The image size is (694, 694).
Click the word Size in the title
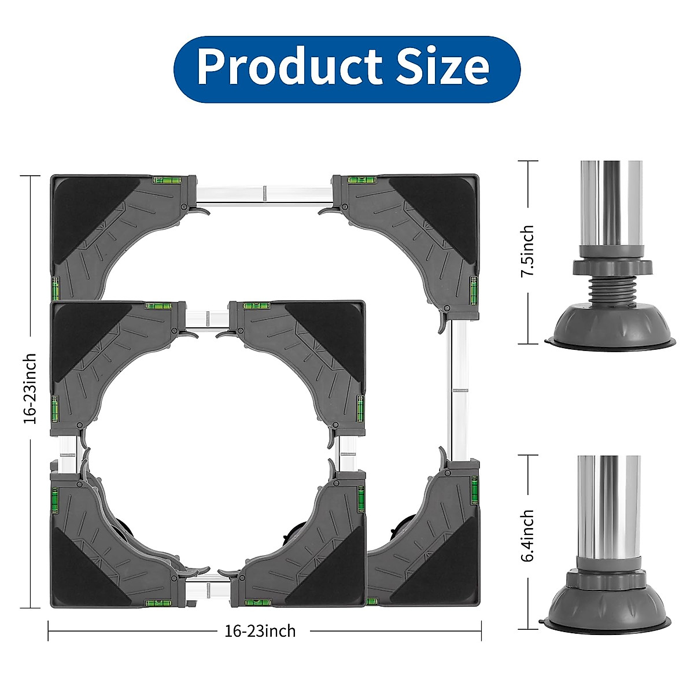point(442,65)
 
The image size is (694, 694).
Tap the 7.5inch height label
point(527,250)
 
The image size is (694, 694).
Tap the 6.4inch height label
point(527,536)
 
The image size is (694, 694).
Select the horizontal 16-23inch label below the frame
point(260,631)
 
